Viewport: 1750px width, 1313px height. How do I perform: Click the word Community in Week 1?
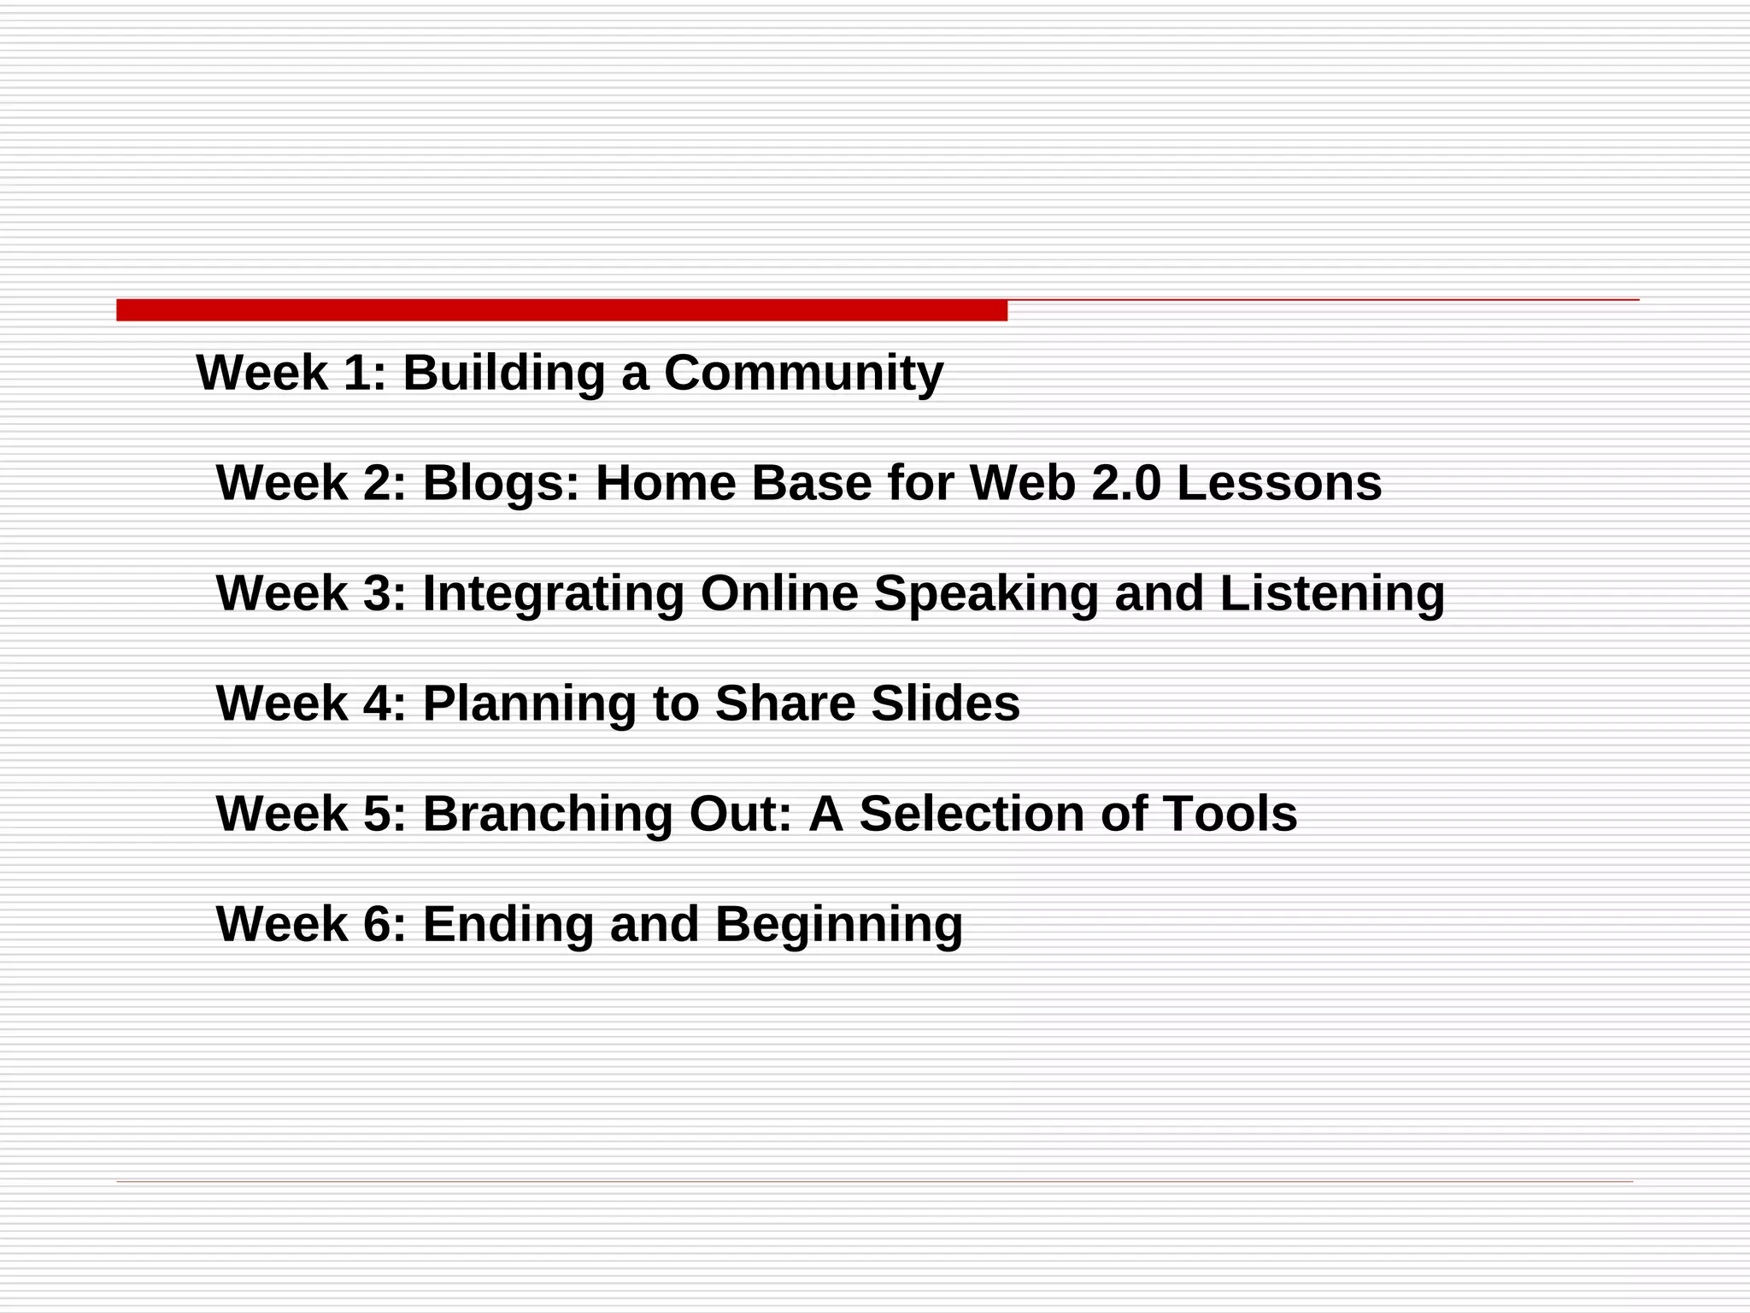803,374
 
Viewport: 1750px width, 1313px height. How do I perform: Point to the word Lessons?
1279,483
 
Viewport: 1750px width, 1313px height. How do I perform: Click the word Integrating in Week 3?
553,593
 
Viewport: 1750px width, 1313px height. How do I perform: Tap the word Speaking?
985,593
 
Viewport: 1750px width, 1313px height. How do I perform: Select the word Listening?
1331,593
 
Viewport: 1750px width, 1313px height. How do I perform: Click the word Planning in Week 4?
530,704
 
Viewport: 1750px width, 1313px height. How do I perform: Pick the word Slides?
945,704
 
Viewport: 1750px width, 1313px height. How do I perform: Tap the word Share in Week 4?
784,704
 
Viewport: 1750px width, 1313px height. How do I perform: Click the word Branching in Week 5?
548,814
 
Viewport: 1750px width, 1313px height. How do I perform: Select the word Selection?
972,814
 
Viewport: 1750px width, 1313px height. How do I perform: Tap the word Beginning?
839,924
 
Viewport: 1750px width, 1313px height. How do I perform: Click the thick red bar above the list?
561,310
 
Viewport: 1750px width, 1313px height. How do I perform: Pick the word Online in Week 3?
779,593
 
